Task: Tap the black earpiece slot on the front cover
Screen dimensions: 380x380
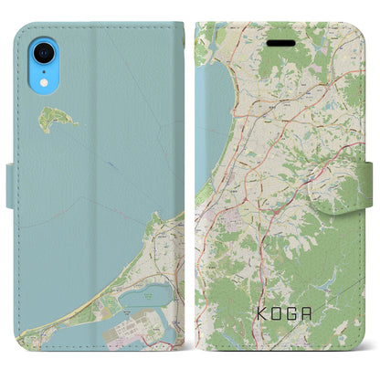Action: [280, 42]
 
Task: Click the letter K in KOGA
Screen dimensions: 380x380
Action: [255, 322]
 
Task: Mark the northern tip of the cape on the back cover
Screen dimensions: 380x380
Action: [157, 216]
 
